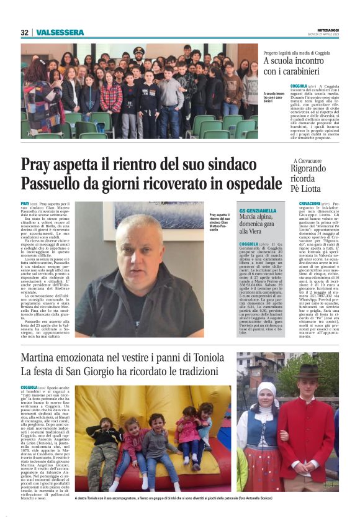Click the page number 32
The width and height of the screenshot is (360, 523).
[24, 32]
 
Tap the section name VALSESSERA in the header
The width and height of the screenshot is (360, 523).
[60, 32]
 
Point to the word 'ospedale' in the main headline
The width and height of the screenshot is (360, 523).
[246, 184]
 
